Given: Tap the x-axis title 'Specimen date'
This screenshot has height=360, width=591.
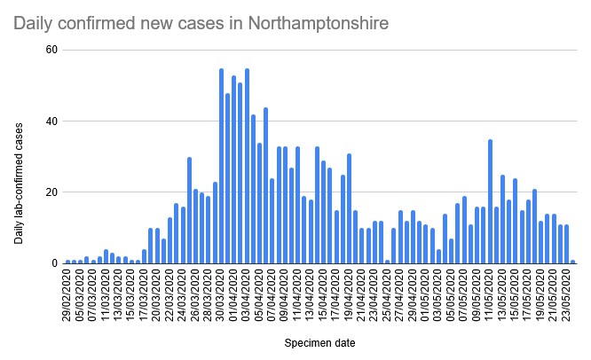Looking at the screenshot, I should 320,340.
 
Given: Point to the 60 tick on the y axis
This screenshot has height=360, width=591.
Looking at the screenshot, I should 51,50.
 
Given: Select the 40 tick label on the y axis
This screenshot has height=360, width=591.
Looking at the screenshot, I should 51,121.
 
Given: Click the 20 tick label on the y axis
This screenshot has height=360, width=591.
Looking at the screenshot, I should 51,192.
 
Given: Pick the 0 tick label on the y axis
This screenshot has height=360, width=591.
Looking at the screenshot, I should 54,263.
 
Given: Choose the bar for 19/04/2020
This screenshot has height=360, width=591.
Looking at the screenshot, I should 349,208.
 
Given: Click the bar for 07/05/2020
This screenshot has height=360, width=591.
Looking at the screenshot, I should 464,230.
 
